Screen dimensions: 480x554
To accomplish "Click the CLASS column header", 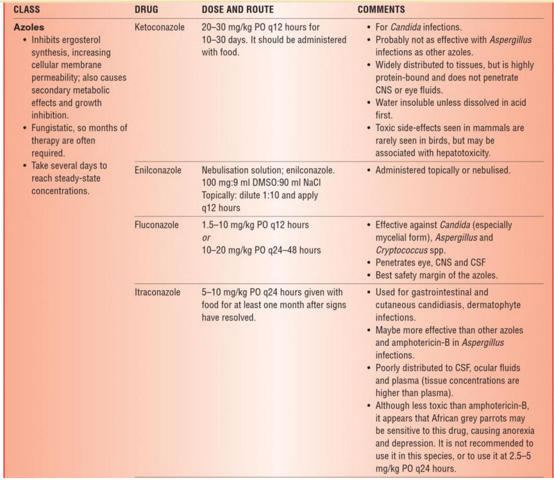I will click(27, 10).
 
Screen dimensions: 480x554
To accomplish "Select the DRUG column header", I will click(147, 10).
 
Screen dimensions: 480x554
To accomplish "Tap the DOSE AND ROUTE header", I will click(238, 10).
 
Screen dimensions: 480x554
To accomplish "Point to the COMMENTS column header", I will click(382, 10).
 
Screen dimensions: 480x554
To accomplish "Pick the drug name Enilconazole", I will click(158, 171).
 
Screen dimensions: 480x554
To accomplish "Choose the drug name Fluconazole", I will click(156, 225).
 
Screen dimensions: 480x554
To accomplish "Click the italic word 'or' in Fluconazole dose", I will click(205, 237).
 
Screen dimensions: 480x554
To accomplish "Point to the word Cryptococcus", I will click(403, 250).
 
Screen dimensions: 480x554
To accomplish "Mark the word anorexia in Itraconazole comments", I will click(516, 431).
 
